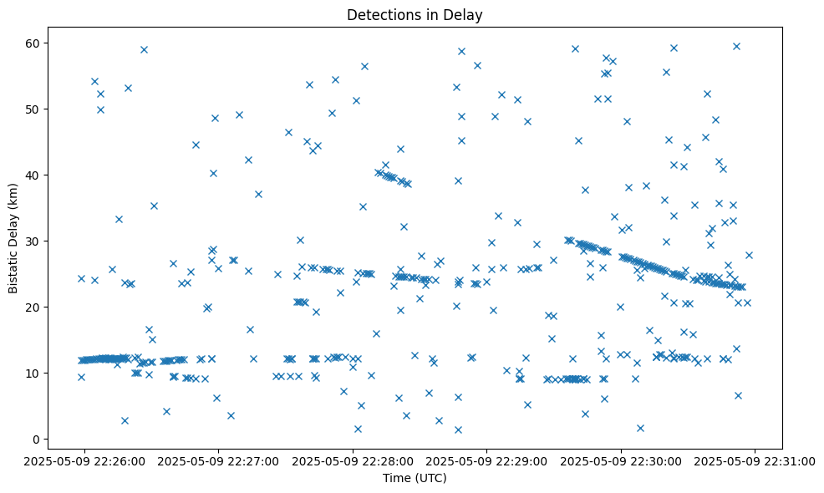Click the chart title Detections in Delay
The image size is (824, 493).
tap(415, 15)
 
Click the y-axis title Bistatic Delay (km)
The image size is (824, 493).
tap(13, 233)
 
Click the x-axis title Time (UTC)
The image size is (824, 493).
tap(415, 478)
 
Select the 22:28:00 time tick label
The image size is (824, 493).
tap(353, 460)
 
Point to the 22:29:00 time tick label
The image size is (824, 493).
tap(486, 460)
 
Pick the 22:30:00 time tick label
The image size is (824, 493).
tap(621, 460)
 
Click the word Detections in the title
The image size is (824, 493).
tap(380, 15)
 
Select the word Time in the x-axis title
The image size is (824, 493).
tap(396, 478)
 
